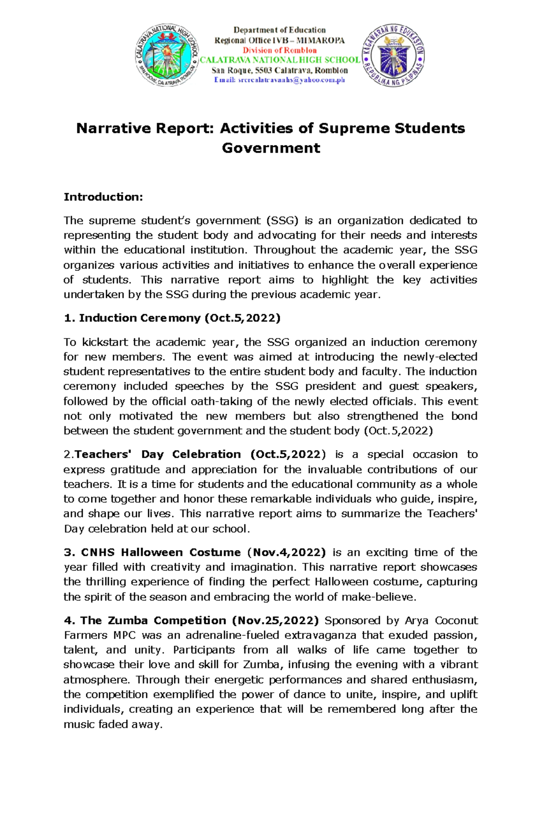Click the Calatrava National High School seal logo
(167, 55)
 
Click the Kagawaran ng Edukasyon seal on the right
(392, 55)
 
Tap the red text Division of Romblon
(280, 50)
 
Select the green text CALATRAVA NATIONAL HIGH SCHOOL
(280, 60)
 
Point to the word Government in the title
(271, 148)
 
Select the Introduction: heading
(103, 197)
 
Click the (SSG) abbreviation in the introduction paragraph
(282, 221)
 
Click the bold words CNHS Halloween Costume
(161, 552)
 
